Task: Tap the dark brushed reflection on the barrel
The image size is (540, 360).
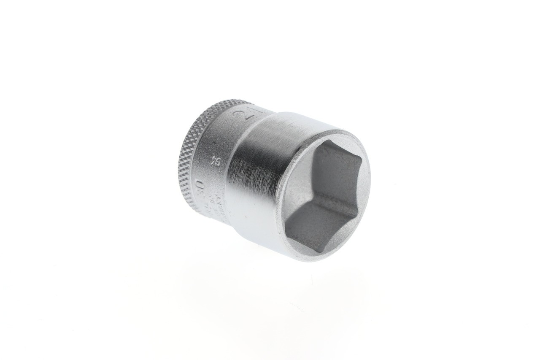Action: coord(249,173)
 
